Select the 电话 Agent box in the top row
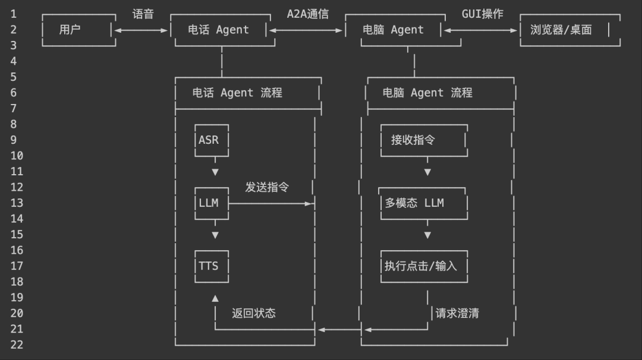point(218,30)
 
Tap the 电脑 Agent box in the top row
point(393,30)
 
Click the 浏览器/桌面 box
point(569,30)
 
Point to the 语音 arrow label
point(143,14)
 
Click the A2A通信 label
point(307,14)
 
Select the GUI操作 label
point(482,14)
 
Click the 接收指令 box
point(423,140)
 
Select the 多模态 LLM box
point(423,203)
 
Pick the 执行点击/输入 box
point(423,266)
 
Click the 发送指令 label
point(267,187)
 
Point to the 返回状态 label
point(254,313)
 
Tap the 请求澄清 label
point(457,313)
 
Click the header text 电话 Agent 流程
point(237,93)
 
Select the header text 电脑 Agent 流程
point(427,93)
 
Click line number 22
point(17,345)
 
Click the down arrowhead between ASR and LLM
point(215,172)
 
